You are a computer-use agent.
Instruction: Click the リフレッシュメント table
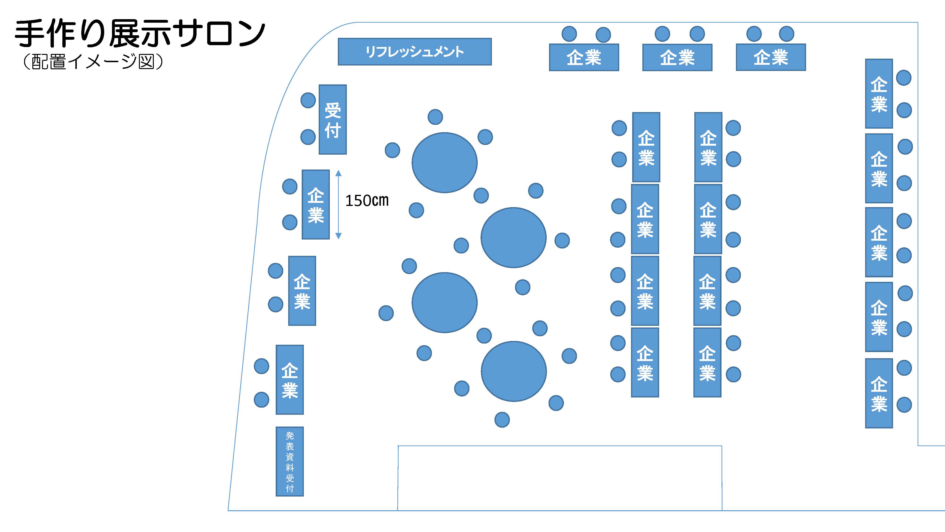click(415, 52)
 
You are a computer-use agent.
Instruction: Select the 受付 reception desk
click(332, 120)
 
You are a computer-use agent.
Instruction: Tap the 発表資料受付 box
click(289, 462)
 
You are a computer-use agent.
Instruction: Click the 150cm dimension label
click(367, 201)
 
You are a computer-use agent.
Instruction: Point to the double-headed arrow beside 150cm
click(338, 205)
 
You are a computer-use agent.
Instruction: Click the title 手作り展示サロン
click(139, 34)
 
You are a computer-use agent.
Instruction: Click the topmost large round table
click(444, 163)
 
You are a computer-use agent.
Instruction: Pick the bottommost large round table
click(514, 371)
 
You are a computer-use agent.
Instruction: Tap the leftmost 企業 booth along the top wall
click(584, 57)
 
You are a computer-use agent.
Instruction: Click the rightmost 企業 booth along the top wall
click(771, 57)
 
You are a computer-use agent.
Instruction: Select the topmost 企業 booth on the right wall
click(879, 94)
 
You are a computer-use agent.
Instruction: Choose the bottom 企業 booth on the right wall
click(879, 393)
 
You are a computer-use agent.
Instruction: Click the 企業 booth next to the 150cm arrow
click(315, 205)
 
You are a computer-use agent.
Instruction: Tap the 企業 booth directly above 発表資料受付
click(289, 380)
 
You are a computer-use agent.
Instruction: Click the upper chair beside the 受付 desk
click(308, 100)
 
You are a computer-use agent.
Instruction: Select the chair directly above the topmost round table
click(435, 117)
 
